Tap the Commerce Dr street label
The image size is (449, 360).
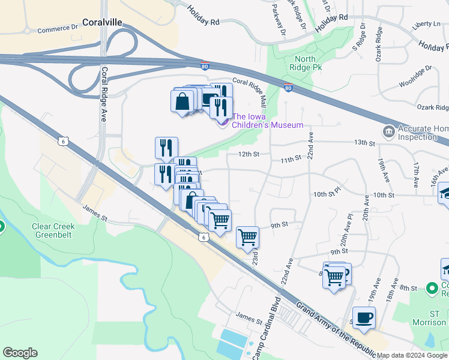coord(58,29)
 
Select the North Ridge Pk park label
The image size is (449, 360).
coord(309,64)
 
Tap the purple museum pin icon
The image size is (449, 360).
coord(222,122)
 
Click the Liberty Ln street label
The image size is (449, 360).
coord(426,24)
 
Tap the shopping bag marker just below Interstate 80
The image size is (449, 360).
coord(182,100)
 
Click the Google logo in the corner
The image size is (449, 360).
coord(20,353)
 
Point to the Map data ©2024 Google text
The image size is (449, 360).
coord(412,355)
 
